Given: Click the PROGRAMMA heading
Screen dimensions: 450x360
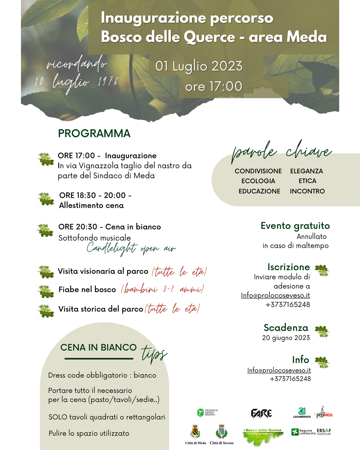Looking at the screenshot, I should (94, 134).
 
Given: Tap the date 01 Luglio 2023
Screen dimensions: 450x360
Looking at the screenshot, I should (199, 66).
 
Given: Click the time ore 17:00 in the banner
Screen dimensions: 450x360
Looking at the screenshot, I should (213, 86).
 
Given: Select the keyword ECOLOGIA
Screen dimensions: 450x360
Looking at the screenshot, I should (258, 181).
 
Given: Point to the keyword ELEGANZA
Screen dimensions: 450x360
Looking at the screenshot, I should (306, 171).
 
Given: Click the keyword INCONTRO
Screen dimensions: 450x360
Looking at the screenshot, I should (307, 191).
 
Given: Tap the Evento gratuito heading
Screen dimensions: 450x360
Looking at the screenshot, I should (295, 226).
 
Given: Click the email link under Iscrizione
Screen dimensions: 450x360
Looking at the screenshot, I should (275, 296).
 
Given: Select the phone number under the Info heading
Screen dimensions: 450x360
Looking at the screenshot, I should (290, 379).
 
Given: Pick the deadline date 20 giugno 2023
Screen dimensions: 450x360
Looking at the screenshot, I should (286, 338).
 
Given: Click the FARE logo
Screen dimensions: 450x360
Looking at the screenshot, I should (261, 413).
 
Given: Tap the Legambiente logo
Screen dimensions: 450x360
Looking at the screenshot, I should (302, 413).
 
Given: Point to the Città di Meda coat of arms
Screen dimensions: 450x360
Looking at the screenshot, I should (195, 432).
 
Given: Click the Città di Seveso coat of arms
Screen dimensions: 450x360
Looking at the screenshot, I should (221, 432).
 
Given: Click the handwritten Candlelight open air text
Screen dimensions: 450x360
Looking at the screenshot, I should (131, 248).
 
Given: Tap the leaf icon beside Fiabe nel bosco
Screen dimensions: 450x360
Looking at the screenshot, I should (46, 291).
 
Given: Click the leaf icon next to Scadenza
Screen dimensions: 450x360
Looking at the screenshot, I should (322, 331).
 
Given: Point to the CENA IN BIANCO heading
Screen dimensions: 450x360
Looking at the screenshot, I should (98, 347).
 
